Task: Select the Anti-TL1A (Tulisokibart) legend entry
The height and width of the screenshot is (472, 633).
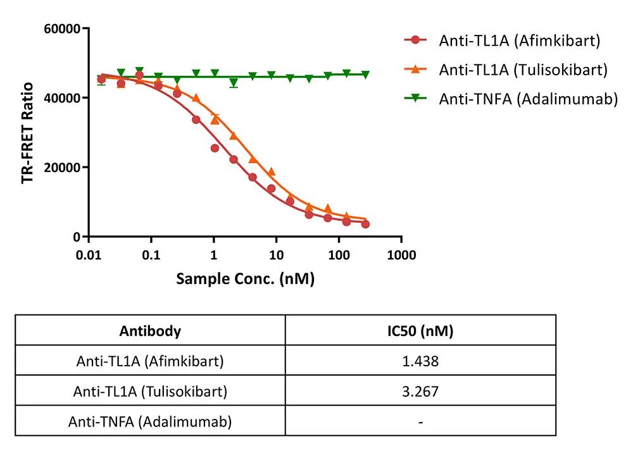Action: pyautogui.click(x=523, y=70)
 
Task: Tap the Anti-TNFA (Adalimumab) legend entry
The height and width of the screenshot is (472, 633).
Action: pyautogui.click(x=528, y=99)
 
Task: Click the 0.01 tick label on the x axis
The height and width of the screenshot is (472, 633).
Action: pyautogui.click(x=89, y=255)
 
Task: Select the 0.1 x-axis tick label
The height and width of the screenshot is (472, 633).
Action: pyautogui.click(x=151, y=255)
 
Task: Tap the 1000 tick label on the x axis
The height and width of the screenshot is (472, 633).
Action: pyautogui.click(x=401, y=255)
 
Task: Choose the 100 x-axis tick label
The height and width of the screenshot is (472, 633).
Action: pyautogui.click(x=339, y=255)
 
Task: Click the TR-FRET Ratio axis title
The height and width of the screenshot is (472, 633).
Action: pyautogui.click(x=27, y=133)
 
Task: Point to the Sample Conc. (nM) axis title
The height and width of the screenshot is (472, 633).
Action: pyautogui.click(x=245, y=278)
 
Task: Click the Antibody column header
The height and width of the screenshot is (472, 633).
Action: pyautogui.click(x=150, y=331)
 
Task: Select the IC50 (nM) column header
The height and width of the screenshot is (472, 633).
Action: pyautogui.click(x=420, y=331)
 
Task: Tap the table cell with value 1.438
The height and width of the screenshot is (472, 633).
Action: pyautogui.click(x=420, y=361)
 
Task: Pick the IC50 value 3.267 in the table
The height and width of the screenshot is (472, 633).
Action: pyautogui.click(x=420, y=391)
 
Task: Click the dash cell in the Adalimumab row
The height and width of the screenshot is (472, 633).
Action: pyautogui.click(x=420, y=421)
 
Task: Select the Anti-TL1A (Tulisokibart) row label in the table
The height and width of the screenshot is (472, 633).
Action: pyautogui.click(x=150, y=391)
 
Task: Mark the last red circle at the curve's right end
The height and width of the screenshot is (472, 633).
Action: pyautogui.click(x=365, y=224)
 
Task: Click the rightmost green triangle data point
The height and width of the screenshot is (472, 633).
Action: pyautogui.click(x=365, y=75)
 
